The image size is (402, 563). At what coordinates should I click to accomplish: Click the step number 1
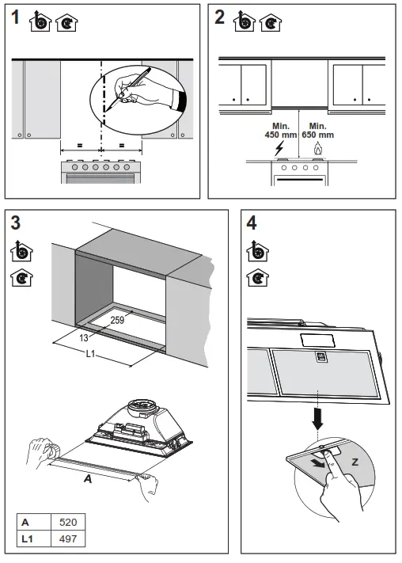coord(15,19)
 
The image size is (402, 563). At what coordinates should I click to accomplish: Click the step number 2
coord(219,19)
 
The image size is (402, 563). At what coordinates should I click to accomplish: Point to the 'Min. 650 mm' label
coord(317,131)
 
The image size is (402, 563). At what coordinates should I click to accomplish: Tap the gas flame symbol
coord(317,148)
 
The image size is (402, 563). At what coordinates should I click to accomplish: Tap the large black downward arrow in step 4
coord(318,419)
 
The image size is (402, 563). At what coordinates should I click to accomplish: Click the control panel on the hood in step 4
coord(320,357)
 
